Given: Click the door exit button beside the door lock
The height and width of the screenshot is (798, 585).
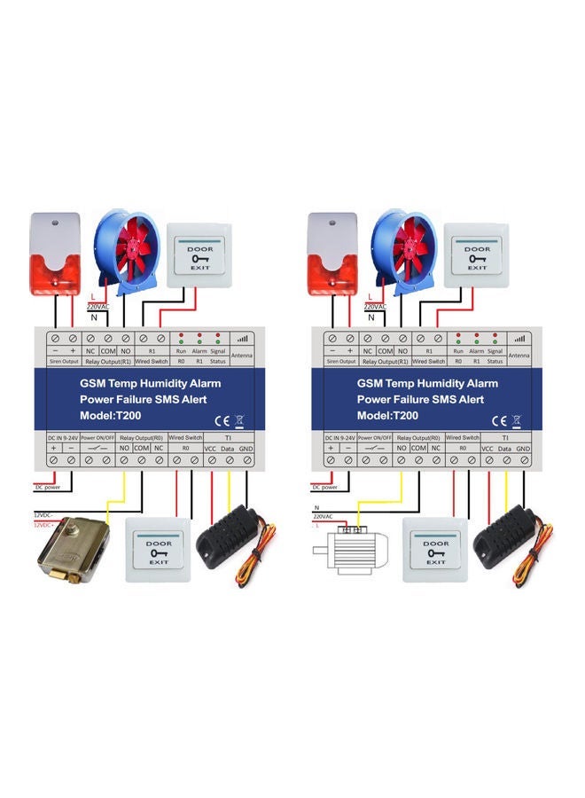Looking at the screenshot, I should (159, 551).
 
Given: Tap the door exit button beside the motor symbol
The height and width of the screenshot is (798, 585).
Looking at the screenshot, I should (434, 550).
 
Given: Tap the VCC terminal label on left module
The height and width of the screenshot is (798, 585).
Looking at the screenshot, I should (211, 450).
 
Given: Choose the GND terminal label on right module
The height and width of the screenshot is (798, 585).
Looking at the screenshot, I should (523, 450).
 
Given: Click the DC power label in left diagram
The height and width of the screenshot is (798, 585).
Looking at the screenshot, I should (48, 487).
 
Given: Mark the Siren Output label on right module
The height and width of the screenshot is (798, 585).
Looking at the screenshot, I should (339, 361).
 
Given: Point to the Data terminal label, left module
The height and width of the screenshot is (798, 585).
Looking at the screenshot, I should (229, 450).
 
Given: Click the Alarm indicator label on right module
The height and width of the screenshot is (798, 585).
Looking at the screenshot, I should (476, 351).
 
